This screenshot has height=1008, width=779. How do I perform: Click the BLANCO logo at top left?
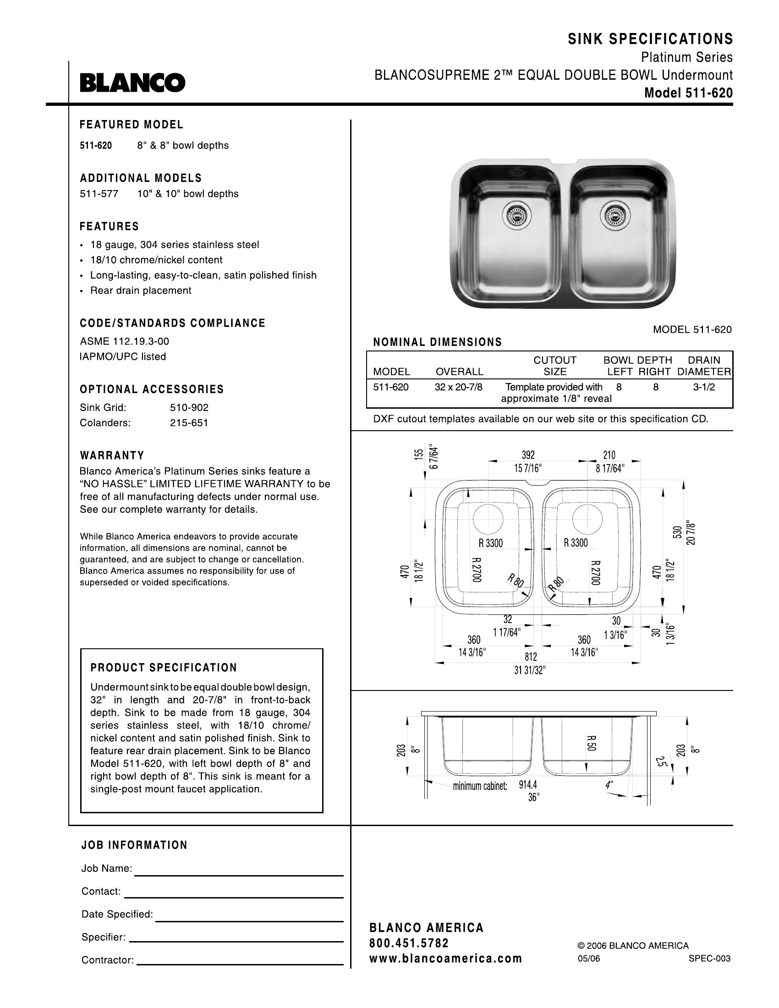point(132,83)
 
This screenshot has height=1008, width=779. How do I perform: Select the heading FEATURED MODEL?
point(132,125)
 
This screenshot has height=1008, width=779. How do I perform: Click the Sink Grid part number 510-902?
point(189,407)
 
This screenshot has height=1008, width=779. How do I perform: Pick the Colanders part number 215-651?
point(189,423)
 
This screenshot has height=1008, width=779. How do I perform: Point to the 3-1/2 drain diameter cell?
point(704,387)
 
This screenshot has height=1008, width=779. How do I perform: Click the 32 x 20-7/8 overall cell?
point(458,387)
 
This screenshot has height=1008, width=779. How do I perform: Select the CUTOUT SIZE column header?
point(555,366)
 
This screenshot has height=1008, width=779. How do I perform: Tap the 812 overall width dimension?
point(531,656)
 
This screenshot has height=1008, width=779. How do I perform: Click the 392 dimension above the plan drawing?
point(528,455)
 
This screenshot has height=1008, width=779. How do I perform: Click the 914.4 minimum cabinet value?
point(528,784)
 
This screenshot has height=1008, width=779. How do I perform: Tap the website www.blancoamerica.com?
point(445,959)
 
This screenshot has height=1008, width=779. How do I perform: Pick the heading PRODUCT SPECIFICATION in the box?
point(164,668)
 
